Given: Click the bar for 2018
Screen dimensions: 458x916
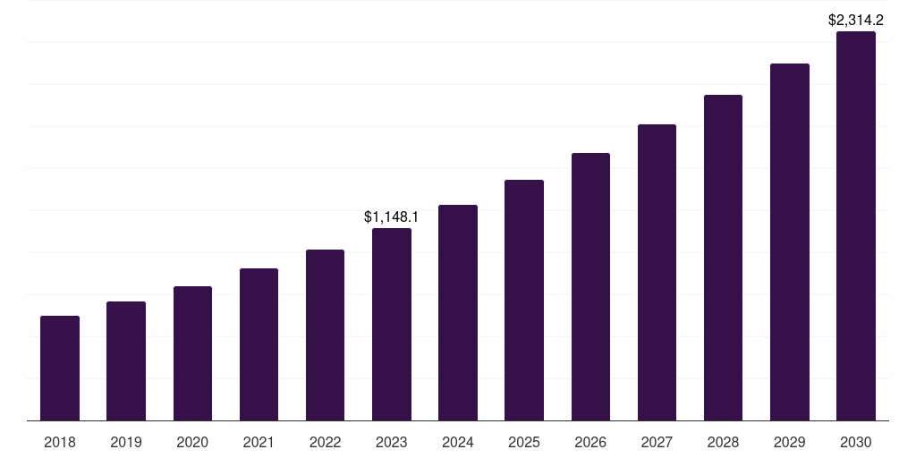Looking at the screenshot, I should pos(60,369).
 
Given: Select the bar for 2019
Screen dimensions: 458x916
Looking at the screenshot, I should pos(126,361).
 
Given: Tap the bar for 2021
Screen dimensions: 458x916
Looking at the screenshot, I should pos(259,344).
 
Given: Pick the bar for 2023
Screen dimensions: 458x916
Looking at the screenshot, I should pos(392,325).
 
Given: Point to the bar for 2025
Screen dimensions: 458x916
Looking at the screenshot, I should pos(524,301).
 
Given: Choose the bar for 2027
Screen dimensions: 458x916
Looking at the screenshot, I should pos(657,273).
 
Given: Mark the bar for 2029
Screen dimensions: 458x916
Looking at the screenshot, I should pos(790,242).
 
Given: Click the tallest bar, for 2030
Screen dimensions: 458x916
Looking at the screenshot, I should pos(856,226).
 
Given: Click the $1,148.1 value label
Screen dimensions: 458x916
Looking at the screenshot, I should pos(392,216).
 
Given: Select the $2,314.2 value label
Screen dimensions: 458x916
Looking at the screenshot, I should pos(856,20).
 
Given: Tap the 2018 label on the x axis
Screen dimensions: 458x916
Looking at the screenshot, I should pos(60,442).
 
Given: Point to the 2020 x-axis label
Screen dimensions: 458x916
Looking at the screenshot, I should pos(192,442).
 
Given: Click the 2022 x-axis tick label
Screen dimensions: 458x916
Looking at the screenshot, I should pos(325,442).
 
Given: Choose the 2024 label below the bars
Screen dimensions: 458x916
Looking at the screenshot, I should pos(458,442).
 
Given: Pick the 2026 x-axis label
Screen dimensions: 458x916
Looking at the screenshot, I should pos(590,442).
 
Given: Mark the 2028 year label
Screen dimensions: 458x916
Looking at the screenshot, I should pos(723,442).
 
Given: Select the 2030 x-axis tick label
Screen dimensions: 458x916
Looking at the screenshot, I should pos(856,442).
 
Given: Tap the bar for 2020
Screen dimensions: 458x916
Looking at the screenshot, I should pos(192,353).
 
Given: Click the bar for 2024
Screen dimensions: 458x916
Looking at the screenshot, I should pos(458,313).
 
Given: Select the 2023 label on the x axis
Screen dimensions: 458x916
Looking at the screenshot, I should pos(392,442).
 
